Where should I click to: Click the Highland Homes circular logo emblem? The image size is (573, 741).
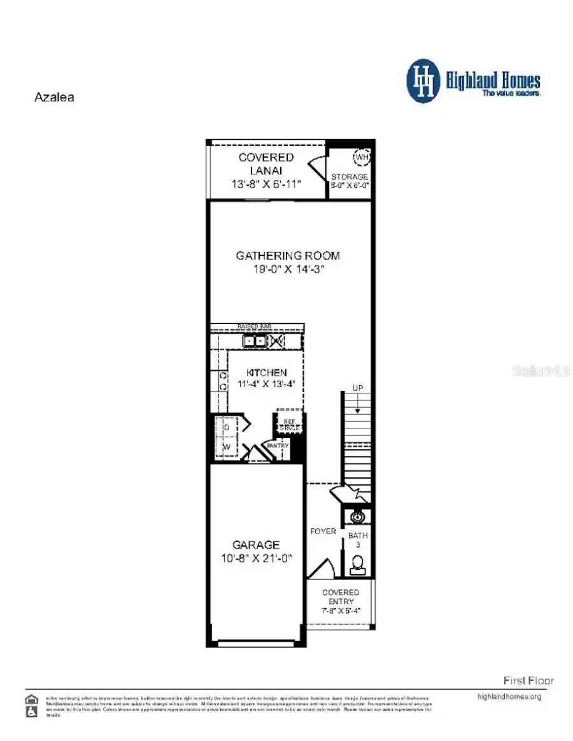(x=423, y=81)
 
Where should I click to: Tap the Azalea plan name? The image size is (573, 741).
(x=53, y=98)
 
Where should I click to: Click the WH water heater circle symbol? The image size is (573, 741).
(x=362, y=156)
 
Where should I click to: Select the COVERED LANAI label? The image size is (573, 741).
(x=266, y=164)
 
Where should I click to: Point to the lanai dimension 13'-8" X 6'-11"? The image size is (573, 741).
(x=266, y=183)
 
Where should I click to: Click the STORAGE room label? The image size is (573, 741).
(x=350, y=176)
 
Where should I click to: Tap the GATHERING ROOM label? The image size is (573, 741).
(x=288, y=255)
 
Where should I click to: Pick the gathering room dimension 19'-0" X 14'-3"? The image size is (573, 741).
(x=288, y=269)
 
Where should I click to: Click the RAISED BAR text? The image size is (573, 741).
(x=255, y=327)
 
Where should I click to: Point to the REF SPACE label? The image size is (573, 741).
(x=289, y=425)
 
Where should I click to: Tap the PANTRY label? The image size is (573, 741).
(x=278, y=446)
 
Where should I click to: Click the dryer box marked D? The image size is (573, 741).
(x=226, y=427)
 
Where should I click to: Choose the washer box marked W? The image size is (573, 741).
(x=226, y=448)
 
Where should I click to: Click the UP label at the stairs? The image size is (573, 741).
(x=358, y=388)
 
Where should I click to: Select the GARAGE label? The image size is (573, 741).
(x=255, y=545)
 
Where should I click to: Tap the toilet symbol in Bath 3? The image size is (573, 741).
(x=358, y=564)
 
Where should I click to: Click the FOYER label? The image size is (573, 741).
(x=323, y=532)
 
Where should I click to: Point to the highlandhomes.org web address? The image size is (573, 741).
(x=509, y=696)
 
